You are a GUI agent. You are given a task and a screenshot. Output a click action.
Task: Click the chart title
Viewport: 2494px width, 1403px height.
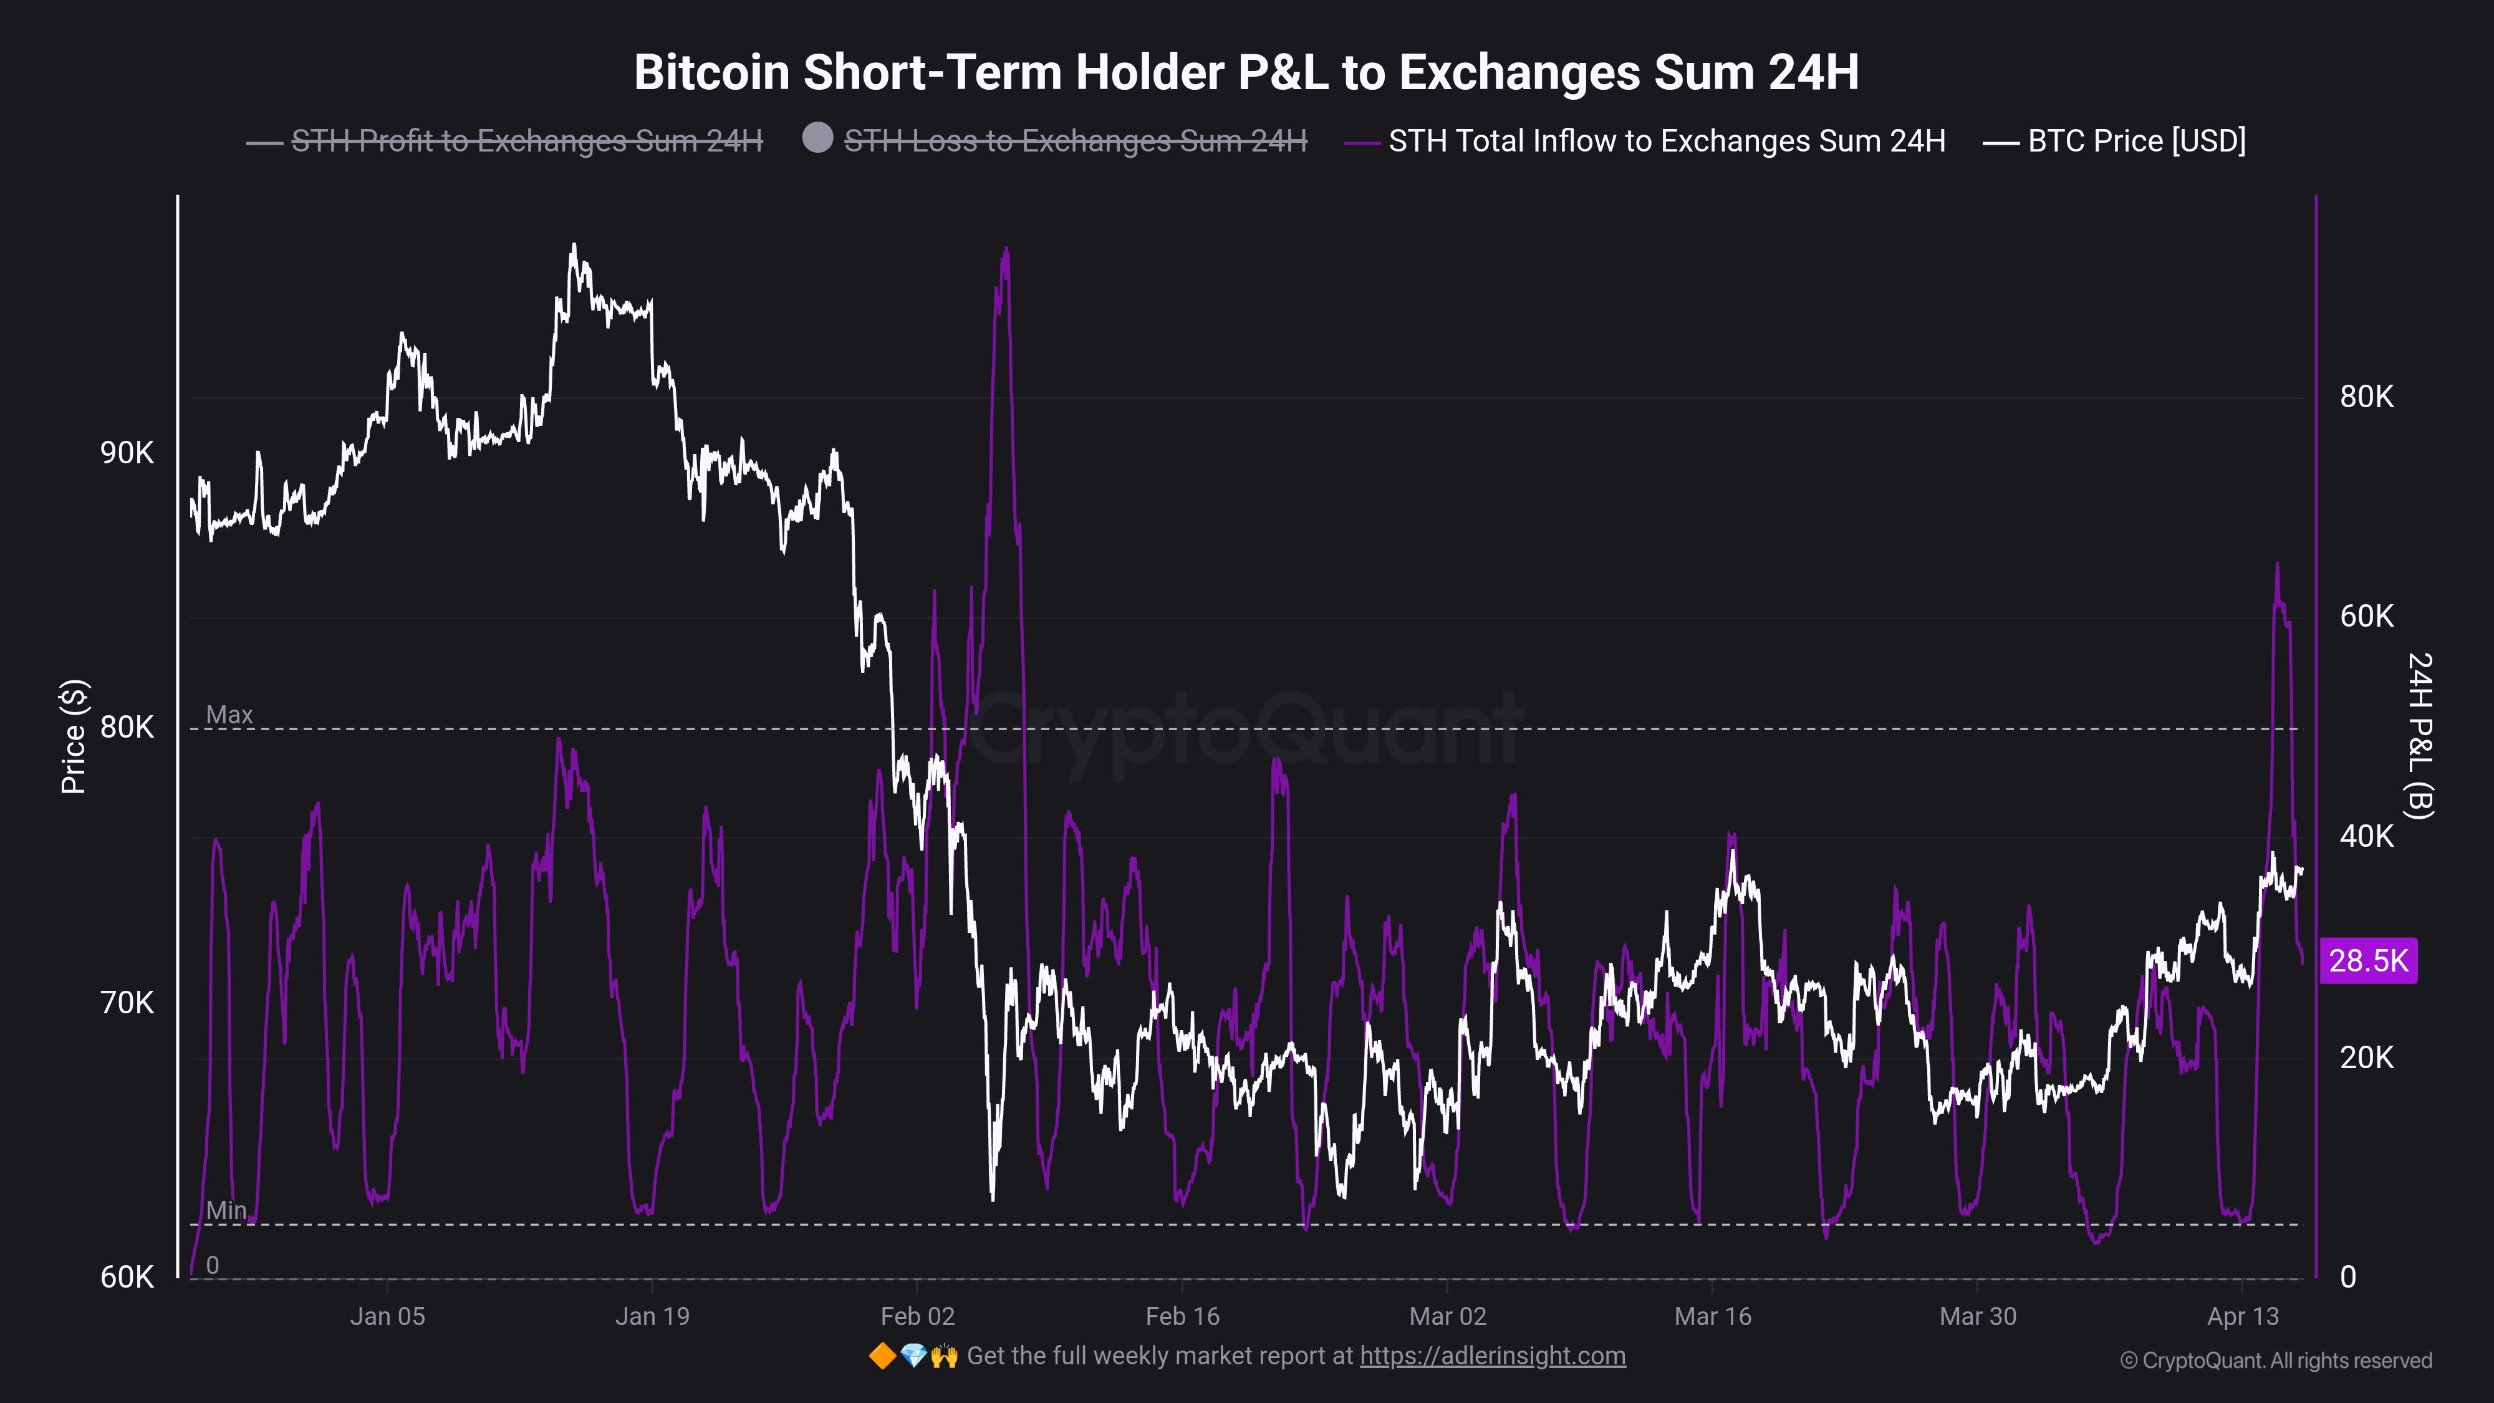point(1246,72)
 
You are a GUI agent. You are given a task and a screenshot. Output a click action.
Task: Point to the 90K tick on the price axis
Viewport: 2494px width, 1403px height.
point(127,453)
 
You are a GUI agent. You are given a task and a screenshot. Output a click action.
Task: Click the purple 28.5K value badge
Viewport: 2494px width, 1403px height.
point(2368,960)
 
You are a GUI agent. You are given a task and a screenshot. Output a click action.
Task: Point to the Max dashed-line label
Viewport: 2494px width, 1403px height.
point(229,715)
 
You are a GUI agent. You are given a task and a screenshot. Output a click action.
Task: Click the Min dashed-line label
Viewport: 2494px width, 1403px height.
point(226,1210)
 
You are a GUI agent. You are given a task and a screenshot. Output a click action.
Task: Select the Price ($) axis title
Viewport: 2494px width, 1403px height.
point(74,737)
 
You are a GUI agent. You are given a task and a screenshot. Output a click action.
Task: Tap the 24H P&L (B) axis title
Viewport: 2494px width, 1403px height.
point(2419,736)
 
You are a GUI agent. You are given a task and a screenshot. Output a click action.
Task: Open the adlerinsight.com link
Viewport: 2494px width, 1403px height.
point(1492,1356)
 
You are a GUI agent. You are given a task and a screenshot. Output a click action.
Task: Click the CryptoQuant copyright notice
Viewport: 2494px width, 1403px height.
point(2275,1361)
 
